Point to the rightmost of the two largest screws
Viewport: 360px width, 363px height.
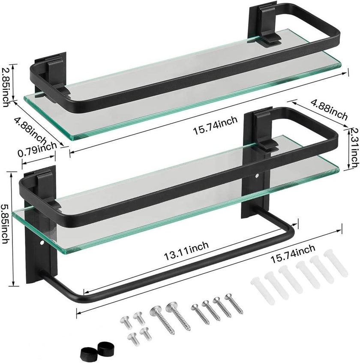(180, 317)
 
